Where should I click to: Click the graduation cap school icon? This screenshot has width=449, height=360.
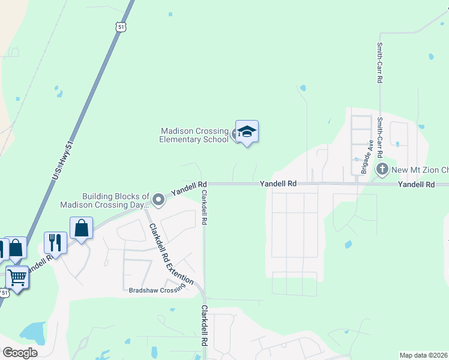tap(247, 131)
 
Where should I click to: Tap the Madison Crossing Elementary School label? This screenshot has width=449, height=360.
tap(193, 135)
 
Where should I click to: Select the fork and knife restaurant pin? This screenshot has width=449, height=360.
tap(55, 243)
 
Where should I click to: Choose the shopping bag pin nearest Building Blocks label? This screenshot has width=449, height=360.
tap(81, 228)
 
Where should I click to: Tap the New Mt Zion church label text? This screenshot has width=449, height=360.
tap(420, 170)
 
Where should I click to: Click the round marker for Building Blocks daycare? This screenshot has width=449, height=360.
tap(158, 199)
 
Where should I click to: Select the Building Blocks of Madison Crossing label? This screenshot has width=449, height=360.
tap(106, 200)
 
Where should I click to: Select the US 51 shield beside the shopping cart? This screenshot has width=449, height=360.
tap(4, 293)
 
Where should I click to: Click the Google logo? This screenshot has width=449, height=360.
tap(20, 353)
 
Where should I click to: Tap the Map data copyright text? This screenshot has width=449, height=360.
tap(424, 355)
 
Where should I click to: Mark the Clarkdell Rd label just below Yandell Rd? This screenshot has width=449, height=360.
tap(204, 208)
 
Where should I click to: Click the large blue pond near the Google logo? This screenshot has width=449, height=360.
tap(32, 332)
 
